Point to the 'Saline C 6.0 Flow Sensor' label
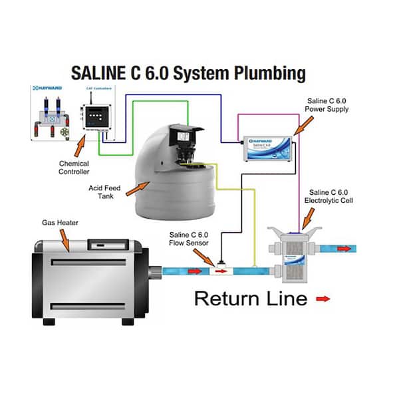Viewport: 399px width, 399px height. point(190,239)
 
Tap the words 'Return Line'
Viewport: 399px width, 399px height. point(250,299)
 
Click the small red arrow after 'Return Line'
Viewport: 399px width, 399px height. point(322,300)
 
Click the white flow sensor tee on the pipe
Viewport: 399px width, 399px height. point(219,271)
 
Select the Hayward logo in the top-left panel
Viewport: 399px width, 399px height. point(43,87)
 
